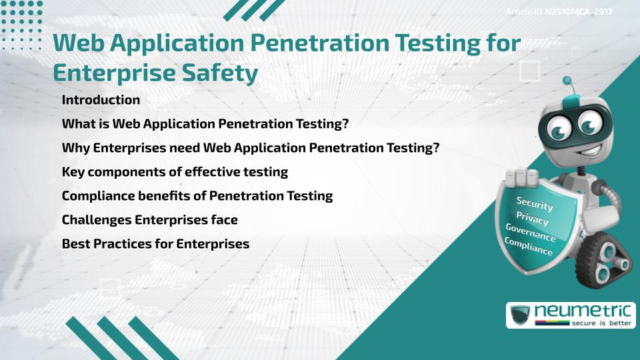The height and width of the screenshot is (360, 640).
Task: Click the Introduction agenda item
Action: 101,99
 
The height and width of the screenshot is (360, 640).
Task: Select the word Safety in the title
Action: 219,73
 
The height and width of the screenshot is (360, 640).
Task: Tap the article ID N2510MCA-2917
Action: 579,12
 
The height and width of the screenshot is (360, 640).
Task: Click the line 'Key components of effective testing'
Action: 175,172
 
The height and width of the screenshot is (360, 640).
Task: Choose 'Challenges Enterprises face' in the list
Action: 150,219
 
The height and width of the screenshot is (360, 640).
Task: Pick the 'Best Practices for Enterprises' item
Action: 155,244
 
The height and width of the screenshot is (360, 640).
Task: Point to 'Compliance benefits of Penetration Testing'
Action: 197,196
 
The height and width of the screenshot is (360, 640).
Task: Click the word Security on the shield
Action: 535,203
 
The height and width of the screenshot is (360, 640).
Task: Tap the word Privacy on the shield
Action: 532,218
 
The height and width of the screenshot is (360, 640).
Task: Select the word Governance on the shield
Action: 531,232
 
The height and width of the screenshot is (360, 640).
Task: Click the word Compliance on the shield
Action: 529,247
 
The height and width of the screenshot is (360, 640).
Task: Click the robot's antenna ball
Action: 567,81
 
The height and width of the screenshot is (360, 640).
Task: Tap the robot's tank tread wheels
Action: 604,259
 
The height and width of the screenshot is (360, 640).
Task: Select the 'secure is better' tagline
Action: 601,323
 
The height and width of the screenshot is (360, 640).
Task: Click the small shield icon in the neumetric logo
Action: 521,315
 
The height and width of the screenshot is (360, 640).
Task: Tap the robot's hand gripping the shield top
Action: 521,177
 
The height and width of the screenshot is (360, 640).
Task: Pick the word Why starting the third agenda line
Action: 76,148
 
